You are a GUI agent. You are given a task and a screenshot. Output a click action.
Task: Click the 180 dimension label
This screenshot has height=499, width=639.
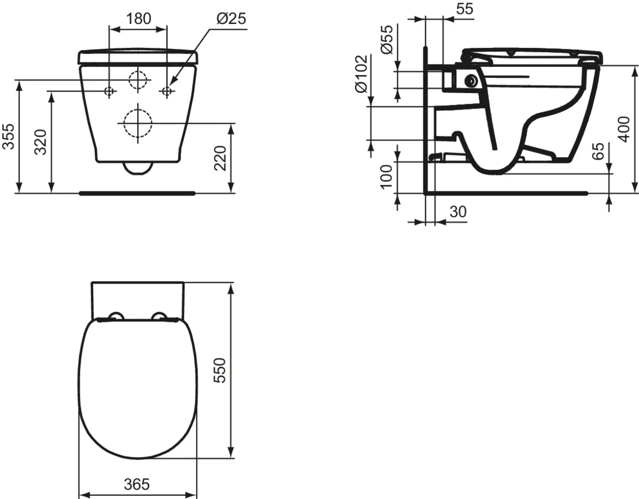pos(138,18)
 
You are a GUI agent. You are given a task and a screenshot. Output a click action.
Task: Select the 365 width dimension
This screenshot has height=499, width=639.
pos(137,484)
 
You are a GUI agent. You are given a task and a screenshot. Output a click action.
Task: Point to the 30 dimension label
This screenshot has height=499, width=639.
pos(457,211)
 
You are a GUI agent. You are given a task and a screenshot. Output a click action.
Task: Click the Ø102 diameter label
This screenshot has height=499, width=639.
pos(361,73)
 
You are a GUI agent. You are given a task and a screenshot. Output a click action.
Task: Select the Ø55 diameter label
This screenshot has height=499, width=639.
pos(387,39)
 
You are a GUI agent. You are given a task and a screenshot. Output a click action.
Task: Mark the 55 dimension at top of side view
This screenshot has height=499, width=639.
pos(464,9)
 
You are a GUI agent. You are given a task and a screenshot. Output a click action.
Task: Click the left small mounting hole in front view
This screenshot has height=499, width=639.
pos(109,92)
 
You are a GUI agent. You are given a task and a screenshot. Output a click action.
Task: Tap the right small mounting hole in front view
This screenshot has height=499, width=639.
pos(167,92)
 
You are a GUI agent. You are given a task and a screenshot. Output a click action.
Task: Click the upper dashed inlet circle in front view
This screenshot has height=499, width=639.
pos(138,80)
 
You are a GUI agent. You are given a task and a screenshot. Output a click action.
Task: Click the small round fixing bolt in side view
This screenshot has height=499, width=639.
pos(471,81)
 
